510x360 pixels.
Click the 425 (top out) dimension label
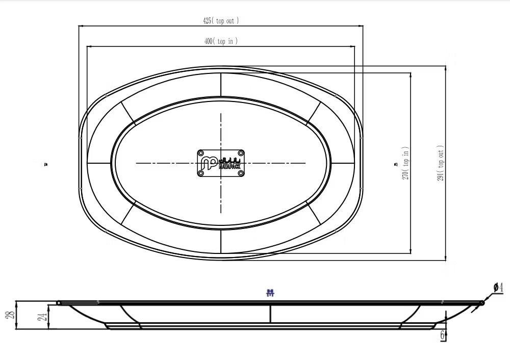click(220, 21)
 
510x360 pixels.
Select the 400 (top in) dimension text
click(220, 41)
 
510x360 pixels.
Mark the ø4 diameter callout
click(499, 288)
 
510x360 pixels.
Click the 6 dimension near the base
click(442, 335)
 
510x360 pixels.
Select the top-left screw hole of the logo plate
click(201, 153)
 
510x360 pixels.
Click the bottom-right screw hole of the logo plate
click(241, 173)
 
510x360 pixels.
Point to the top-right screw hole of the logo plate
click(241, 153)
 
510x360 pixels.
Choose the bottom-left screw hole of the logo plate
click(201, 173)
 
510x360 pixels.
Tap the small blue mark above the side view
click(271, 293)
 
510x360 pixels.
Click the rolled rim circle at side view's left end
click(59, 303)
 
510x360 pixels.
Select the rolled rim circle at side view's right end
click(482, 303)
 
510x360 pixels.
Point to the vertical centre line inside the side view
click(271, 314)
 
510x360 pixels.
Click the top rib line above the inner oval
click(221, 84)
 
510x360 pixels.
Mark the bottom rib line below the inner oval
click(221, 241)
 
